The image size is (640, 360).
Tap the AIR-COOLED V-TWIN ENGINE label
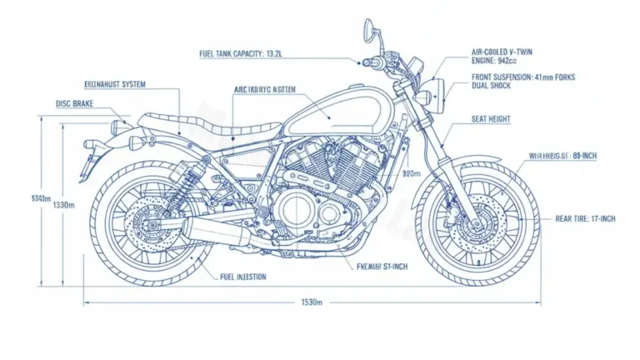(500, 55)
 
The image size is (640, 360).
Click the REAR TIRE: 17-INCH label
(585, 218)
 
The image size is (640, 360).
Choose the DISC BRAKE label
(74, 104)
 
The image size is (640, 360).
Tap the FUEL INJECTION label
(242, 277)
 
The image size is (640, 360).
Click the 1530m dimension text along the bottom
(311, 302)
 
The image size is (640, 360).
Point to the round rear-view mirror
(367, 30)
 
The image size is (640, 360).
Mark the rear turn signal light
(118, 127)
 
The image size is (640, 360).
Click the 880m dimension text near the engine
(410, 174)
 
